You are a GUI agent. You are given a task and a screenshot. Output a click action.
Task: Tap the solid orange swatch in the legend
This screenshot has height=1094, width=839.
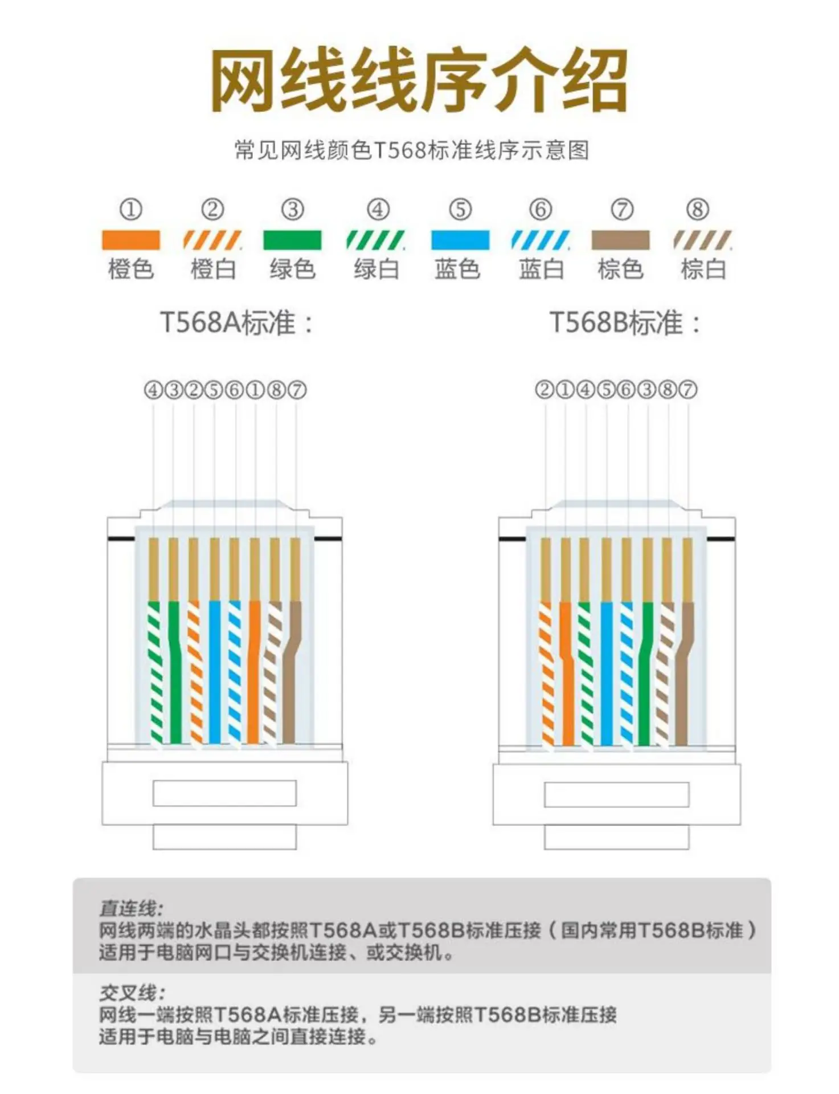click(x=130, y=240)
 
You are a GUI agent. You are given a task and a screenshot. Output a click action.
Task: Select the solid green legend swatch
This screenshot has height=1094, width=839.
click(x=292, y=240)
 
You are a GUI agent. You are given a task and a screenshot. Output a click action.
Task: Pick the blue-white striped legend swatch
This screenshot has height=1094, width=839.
click(x=540, y=240)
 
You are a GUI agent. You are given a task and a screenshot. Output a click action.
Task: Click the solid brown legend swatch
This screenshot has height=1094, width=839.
click(x=620, y=240)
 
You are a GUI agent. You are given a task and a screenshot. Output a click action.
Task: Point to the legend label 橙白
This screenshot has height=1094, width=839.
click(x=213, y=269)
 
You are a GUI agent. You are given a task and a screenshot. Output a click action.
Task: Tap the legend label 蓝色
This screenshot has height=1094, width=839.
click(x=457, y=269)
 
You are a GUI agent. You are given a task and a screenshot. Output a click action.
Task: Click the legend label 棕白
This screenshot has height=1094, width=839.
click(x=703, y=269)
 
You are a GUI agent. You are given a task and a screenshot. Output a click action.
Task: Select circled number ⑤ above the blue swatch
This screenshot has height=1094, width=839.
click(x=460, y=210)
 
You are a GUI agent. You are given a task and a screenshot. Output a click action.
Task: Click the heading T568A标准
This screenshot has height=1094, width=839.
click(x=236, y=323)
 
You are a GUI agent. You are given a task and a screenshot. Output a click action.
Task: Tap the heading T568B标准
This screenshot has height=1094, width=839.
click(x=625, y=323)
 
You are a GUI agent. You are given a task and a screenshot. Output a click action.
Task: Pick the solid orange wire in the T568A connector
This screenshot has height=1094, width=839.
click(x=254, y=672)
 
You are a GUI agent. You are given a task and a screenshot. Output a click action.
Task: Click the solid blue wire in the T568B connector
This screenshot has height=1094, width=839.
click(x=607, y=672)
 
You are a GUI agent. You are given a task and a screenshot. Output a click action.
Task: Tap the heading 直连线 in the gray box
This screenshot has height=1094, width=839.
click(x=131, y=908)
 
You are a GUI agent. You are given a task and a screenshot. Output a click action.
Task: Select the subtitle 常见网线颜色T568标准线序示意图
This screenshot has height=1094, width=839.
click(x=411, y=150)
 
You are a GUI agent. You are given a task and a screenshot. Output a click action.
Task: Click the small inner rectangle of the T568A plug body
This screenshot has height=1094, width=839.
click(x=224, y=793)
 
